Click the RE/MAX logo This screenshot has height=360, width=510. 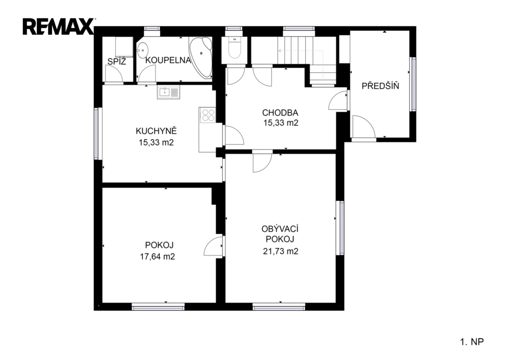58,27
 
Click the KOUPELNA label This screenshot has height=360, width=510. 168,60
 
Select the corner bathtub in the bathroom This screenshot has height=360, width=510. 201,57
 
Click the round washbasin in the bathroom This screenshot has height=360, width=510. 142,51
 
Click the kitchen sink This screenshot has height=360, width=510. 168,92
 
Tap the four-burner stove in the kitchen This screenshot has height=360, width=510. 208,115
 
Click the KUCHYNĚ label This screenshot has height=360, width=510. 156,131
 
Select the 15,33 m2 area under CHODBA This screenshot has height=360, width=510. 281,123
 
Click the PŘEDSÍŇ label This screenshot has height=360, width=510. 380,86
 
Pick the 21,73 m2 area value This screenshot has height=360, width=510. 280,251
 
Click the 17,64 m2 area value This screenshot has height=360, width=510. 157,256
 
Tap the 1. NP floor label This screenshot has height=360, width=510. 472,342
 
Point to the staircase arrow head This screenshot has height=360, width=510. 279,51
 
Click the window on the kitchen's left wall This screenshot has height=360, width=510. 96,133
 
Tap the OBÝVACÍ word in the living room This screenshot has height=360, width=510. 280,229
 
